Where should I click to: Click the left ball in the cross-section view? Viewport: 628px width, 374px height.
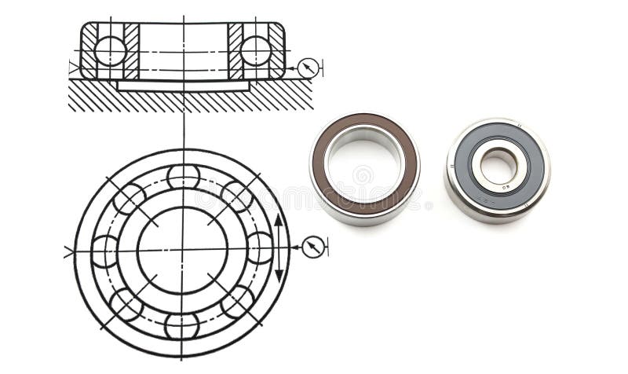coord(110,51)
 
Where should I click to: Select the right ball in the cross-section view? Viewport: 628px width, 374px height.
coord(256,51)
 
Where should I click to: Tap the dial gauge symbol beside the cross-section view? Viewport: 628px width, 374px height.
coord(308,68)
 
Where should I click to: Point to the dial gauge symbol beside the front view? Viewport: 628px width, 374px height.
coord(312,247)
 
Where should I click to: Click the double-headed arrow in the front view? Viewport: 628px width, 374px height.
coord(279,247)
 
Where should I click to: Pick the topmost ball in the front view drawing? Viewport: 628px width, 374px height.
coord(183,176)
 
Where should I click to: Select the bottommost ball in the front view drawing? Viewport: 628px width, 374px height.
coord(182,324)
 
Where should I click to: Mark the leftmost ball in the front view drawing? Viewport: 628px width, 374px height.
coord(104,251)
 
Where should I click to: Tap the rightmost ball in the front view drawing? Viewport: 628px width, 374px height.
coord(258,248)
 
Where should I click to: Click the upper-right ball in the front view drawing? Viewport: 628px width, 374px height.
coord(236,196)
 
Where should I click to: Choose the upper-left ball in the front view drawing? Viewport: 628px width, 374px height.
coord(129,198)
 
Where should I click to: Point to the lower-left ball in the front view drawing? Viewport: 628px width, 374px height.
coord(127,304)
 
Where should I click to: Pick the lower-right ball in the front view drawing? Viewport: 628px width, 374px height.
coord(236,302)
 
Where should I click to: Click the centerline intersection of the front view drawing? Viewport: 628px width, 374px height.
coord(183,250)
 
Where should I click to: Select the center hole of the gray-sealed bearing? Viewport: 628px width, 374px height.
coord(498,166)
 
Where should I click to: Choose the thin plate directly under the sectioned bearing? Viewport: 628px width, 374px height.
coord(183,85)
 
